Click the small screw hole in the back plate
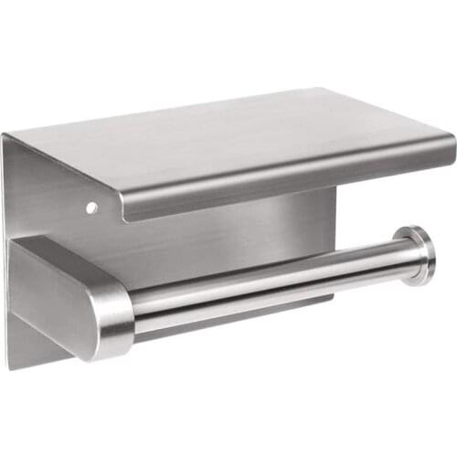click(x=90, y=208)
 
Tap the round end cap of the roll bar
click(x=422, y=255)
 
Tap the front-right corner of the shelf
click(x=452, y=141)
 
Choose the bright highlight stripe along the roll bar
click(x=274, y=277)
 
